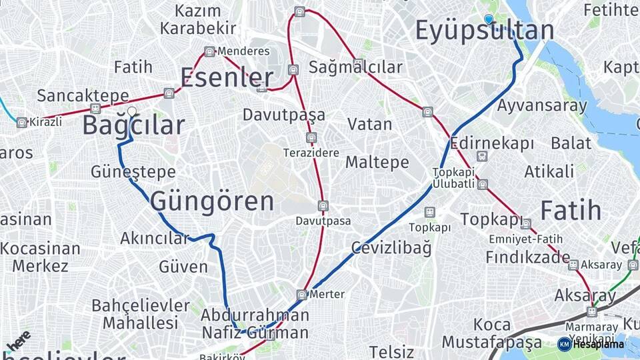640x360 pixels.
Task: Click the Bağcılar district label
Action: click(133, 126)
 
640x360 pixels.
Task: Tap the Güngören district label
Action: click(212, 201)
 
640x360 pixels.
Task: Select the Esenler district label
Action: click(227, 78)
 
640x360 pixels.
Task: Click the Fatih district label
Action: click(571, 211)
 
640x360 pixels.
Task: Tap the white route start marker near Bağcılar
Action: click(132, 112)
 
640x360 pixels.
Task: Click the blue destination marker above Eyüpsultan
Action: click(489, 19)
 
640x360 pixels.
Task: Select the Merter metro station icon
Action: click(302, 295)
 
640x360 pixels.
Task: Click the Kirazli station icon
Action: click(22, 123)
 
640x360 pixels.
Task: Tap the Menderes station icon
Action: click(210, 51)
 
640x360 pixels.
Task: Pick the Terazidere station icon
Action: click(311, 138)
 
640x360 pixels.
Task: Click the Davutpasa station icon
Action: click(323, 206)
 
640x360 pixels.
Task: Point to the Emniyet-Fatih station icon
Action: click(526, 224)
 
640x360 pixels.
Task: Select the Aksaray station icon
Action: click(573, 265)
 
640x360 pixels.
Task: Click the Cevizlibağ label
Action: click(391, 248)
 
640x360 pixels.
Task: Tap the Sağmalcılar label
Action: click(355, 67)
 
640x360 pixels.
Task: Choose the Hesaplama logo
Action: click(591, 344)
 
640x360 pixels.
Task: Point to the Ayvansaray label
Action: click(542, 105)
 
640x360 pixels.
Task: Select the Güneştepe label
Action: click(133, 172)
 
